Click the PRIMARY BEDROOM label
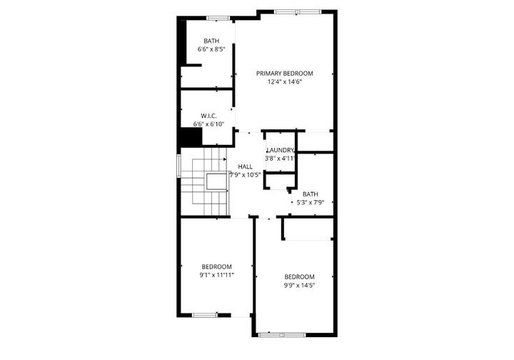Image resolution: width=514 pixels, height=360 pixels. point(285,73)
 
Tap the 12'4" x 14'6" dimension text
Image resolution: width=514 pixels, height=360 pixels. point(285,81)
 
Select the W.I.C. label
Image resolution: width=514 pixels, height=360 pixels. point(208,115)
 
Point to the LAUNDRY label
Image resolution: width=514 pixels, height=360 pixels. point(280,150)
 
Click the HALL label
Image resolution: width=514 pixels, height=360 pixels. point(245,166)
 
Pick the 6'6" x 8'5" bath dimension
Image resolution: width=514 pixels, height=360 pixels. point(211,49)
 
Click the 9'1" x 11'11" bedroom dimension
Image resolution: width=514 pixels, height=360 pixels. point(217,274)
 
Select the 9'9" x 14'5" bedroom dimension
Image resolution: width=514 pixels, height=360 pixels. point(299,285)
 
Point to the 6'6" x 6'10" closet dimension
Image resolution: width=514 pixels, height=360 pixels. point(208,124)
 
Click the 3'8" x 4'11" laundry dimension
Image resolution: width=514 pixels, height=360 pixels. point(280,158)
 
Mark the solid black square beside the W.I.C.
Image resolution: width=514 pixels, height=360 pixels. point(189,136)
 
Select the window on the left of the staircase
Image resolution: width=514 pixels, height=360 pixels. point(178,165)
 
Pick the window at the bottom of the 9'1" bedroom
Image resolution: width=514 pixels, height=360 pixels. point(204,315)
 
